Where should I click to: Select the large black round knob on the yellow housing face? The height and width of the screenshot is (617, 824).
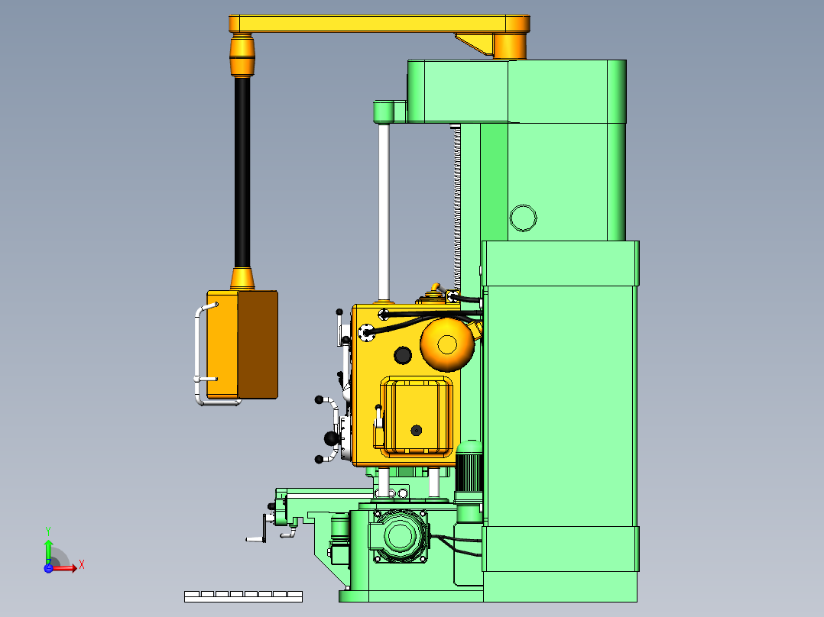[x=402, y=355]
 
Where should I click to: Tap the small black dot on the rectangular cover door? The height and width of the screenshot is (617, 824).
[x=416, y=431]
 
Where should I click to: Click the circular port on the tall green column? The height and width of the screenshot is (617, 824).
[x=523, y=218]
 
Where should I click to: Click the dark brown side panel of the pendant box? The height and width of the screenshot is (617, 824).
[x=258, y=344]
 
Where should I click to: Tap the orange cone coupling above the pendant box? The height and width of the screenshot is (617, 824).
[x=242, y=278]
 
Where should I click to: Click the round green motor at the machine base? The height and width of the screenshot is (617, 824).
[x=400, y=535]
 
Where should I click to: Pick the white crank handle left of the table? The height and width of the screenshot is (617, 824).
[x=258, y=531]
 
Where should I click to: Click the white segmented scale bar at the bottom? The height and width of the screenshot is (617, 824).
[x=243, y=596]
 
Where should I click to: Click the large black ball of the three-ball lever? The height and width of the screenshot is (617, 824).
[x=331, y=438]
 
